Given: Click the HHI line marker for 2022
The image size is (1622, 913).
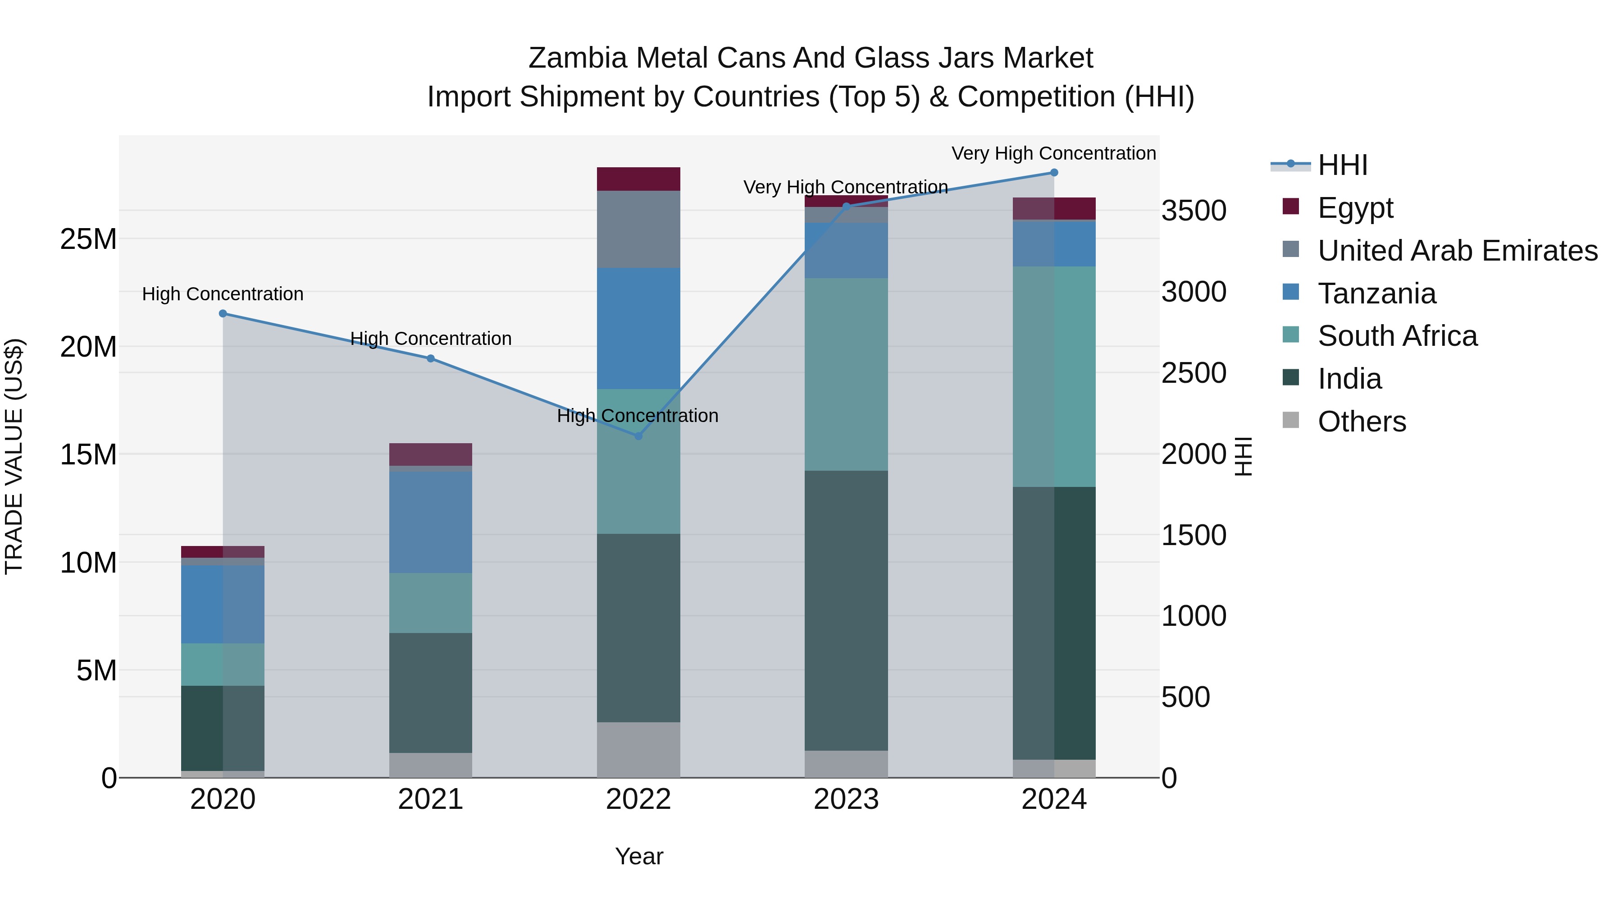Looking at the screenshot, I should pos(638,436).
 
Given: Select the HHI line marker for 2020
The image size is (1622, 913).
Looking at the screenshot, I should pos(223,314).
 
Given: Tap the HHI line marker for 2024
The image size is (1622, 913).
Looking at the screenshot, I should pos(1054,173).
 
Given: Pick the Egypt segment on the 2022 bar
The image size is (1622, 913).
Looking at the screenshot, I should pos(638,179).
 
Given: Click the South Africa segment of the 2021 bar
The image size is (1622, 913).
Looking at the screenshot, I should pos(431,603).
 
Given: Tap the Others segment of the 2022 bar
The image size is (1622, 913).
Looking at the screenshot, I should pos(638,750).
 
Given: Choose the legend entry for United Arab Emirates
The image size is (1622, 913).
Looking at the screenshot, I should pos(1457,251).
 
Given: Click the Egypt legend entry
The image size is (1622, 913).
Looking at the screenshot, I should pos(1355,208).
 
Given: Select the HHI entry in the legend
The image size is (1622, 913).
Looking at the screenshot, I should pos(1343,165).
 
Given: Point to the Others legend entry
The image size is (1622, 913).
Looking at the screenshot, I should pos(1361,422).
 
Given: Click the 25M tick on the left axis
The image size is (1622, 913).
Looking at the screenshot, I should pos(88,239).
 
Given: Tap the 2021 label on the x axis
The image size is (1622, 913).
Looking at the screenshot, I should pos(431,799).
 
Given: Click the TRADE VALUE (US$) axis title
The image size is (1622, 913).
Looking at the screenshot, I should pos(14,456).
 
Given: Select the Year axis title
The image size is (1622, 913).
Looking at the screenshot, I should pos(638,856).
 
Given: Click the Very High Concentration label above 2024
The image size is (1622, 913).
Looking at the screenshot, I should pos(1053,154).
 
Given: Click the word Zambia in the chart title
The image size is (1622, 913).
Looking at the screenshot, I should pos(578,58).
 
